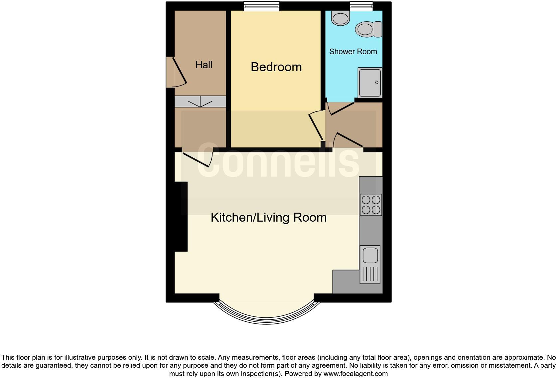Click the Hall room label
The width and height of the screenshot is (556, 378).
tap(204, 65)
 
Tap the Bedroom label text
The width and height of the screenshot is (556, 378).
tap(276, 67)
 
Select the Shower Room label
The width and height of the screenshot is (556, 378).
tap(353, 52)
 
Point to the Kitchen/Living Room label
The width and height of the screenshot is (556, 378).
tap(268, 217)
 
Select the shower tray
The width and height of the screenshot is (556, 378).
tap(370, 83)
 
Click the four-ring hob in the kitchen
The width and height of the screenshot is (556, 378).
tap(371, 205)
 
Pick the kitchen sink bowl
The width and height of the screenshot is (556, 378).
tap(370, 256)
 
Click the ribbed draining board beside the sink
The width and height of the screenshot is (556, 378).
tap(370, 275)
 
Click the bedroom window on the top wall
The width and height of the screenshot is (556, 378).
tap(261, 6)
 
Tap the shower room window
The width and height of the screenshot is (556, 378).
tap(361, 6)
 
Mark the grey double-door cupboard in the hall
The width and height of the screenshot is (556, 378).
tap(200, 101)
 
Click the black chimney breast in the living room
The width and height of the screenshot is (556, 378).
tap(181, 216)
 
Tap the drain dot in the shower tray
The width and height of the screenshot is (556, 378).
tap(377, 83)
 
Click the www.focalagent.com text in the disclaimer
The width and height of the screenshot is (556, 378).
tap(355, 374)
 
